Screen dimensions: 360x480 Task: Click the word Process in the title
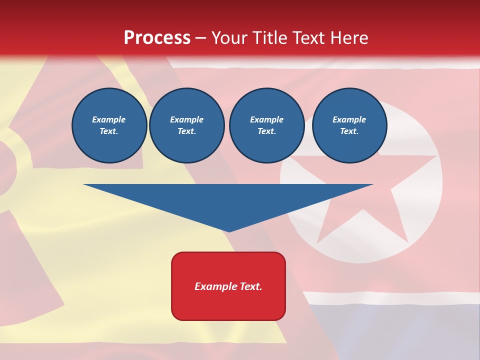coord(157,38)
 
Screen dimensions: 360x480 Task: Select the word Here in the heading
coord(348,38)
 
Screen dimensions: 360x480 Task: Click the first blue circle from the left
coord(109,125)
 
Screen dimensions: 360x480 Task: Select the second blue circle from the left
coord(186,125)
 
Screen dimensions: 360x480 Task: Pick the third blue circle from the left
coord(266,125)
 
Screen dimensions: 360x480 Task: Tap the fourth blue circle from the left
coord(349,125)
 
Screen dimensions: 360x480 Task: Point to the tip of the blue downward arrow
coord(228,230)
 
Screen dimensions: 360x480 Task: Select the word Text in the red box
coord(251,286)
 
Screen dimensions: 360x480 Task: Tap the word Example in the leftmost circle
coord(109,119)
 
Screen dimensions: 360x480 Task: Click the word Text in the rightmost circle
coord(349,131)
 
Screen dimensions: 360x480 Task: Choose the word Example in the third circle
coord(266,119)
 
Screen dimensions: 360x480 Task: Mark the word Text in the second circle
coord(186,131)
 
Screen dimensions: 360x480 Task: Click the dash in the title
coord(201,38)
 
